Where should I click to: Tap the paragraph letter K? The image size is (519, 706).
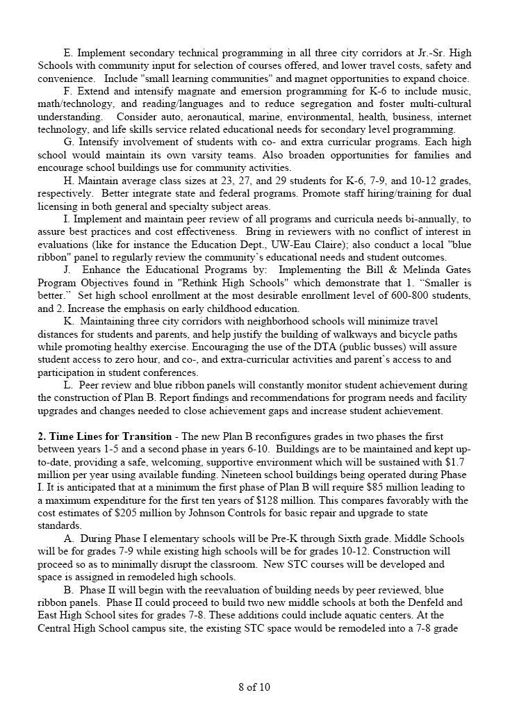[x=68, y=321]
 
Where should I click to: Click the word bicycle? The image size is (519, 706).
[x=414, y=334]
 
